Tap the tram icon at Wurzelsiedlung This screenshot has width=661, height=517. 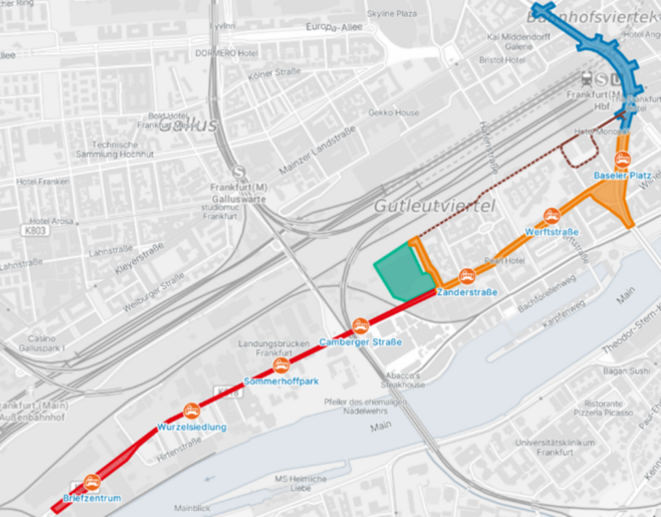(x=191, y=411)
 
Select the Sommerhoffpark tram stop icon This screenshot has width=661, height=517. (x=281, y=365)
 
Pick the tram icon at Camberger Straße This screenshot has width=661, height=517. (x=360, y=326)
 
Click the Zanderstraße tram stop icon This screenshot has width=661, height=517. (x=467, y=276)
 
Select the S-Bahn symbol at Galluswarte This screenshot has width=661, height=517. (x=239, y=172)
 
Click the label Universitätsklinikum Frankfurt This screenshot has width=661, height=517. (x=555, y=447)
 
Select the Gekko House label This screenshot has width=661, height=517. (x=393, y=113)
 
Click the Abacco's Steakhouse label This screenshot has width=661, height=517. (x=403, y=380)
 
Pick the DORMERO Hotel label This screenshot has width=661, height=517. (x=226, y=53)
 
